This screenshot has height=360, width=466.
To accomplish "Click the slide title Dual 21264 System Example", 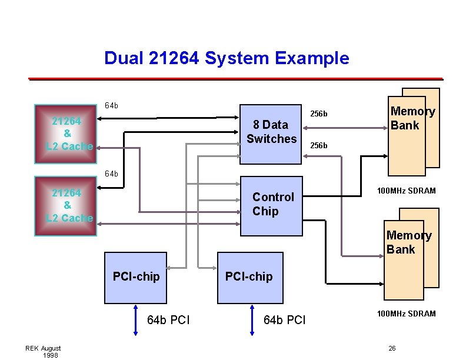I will coord(227,58).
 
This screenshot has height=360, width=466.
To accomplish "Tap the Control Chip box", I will coord(271,205).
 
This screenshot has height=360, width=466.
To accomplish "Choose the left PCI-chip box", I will coord(136,277).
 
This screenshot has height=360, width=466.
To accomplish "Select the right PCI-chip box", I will coord(249,277).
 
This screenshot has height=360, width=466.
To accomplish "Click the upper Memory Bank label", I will coord(412,118).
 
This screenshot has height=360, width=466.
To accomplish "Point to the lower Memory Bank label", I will coord(409,242).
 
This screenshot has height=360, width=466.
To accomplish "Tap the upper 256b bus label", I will coord(319,114).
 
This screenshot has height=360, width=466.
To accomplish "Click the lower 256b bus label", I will coord(319,145).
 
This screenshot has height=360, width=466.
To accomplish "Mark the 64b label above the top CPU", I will coord(111,106).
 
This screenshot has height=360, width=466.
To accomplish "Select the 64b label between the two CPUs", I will coord(111,174).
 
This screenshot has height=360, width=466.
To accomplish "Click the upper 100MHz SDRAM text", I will coord(407,191).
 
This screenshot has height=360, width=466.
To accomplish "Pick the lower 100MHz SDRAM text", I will coord(407,314).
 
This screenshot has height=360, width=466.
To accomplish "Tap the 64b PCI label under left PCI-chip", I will coord(168,321).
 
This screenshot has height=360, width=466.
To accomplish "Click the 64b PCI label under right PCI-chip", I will coord(285,321).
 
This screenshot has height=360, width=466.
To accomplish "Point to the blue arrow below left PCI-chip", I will coord(136,320).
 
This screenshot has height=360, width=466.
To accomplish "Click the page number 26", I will coord(392,349).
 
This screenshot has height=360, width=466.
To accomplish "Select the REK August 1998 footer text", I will coord(43,352).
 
